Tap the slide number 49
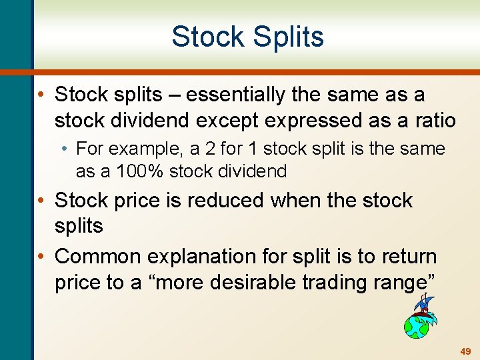[465, 351]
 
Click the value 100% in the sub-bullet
[140, 171]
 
